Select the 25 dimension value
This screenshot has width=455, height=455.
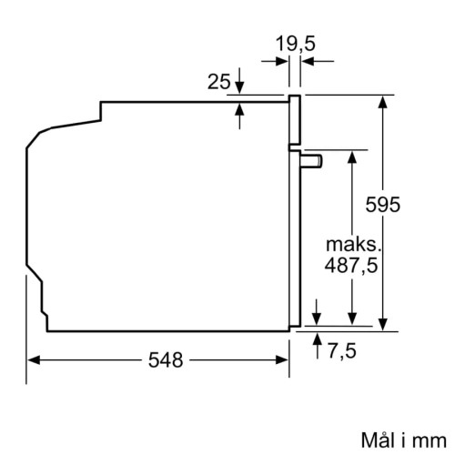point(217,83)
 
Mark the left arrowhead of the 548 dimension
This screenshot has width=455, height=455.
point(32,359)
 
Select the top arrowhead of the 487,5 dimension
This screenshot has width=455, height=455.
point(351,155)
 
